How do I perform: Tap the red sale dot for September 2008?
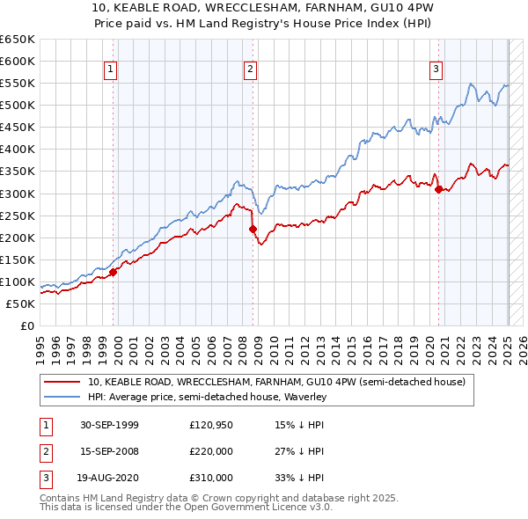click(x=253, y=229)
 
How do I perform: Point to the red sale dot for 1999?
click(x=113, y=272)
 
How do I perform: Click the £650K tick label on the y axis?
click(x=18, y=40)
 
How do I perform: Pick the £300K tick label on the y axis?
click(x=18, y=194)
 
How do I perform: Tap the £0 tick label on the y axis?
click(x=27, y=325)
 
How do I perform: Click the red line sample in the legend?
click(x=62, y=382)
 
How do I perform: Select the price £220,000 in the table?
click(x=211, y=451)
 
